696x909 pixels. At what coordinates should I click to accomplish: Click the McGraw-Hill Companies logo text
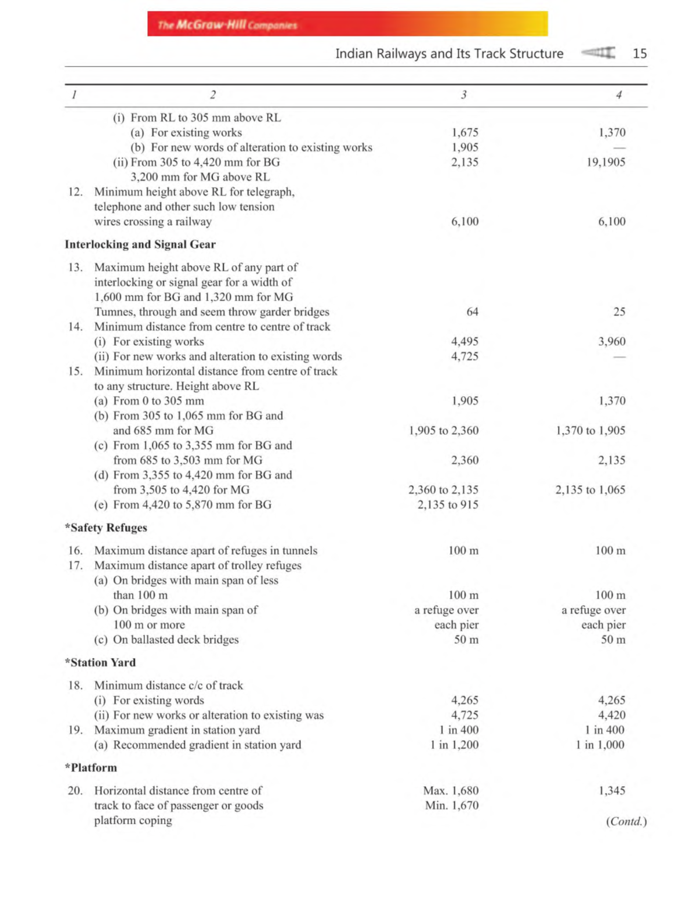click(227, 25)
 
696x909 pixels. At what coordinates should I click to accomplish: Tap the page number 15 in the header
click(639, 54)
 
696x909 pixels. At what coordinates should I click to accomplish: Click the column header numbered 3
click(463, 95)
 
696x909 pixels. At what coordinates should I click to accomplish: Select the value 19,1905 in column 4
click(606, 163)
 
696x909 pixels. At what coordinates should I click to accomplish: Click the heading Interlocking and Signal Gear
click(140, 244)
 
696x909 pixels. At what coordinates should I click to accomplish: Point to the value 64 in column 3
click(472, 312)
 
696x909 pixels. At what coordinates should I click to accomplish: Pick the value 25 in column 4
click(619, 312)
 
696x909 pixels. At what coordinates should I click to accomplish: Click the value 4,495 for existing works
click(465, 342)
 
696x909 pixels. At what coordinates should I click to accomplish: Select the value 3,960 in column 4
click(611, 342)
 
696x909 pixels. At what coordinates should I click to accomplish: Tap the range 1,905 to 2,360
click(444, 431)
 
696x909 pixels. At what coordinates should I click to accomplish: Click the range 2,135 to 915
click(448, 505)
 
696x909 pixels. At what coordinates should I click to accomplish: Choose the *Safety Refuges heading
click(106, 528)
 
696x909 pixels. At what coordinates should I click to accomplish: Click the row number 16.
click(75, 551)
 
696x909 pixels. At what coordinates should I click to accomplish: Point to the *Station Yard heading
click(100, 663)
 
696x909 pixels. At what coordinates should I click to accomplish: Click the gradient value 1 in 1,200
click(454, 745)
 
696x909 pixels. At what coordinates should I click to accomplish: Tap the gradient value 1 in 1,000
click(600, 745)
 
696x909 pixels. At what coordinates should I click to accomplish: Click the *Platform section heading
click(91, 768)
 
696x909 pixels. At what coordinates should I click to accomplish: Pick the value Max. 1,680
click(451, 791)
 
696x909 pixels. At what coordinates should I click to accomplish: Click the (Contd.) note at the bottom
click(626, 822)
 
